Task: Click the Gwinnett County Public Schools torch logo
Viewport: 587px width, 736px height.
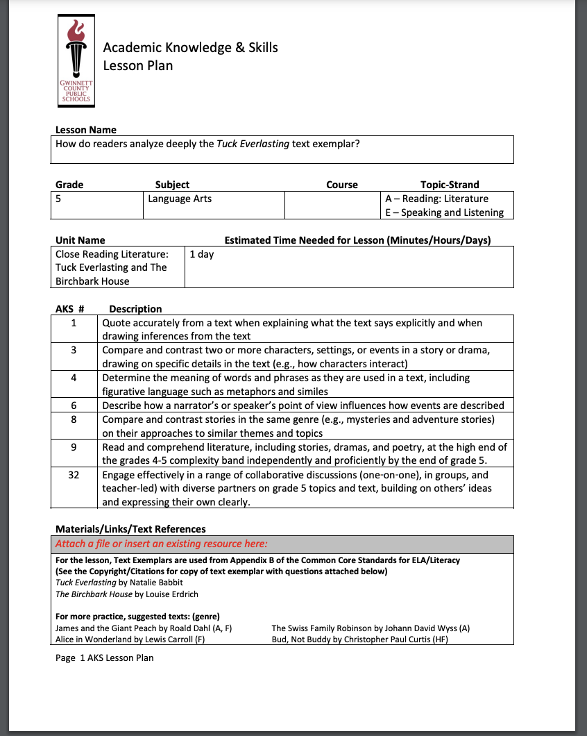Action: tap(76, 61)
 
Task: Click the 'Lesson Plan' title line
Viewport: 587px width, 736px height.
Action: tap(138, 66)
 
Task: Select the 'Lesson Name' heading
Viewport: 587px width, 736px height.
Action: tap(86, 130)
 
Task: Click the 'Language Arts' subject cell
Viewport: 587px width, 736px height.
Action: tap(180, 199)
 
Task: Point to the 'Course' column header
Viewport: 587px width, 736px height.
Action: tap(342, 185)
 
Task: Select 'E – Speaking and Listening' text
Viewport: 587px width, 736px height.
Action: tap(444, 212)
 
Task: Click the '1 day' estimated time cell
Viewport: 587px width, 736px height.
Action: tap(202, 254)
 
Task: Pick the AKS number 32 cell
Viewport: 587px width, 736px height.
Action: tap(74, 476)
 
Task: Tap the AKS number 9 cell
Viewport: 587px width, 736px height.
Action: tap(74, 447)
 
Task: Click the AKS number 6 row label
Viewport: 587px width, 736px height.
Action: tap(74, 405)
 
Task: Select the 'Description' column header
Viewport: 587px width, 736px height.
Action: tap(135, 309)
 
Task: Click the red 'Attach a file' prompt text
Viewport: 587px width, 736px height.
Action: tap(162, 544)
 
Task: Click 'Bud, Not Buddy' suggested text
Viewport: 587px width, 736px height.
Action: tap(359, 640)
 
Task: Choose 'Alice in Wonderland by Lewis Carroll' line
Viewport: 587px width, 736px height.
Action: tap(130, 640)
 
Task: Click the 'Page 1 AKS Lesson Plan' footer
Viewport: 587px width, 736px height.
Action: tap(105, 658)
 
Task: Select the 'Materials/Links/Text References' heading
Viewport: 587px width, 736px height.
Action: tap(130, 529)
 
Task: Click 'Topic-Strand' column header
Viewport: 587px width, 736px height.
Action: tap(450, 185)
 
